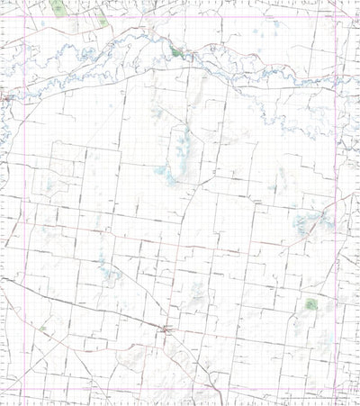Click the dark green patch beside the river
point(176,52)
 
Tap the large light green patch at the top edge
point(58,7)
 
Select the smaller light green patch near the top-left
point(103,20)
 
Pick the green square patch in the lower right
point(312,303)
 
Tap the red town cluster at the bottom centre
point(165,331)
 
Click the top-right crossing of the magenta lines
point(337,16)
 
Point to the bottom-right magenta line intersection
point(337,392)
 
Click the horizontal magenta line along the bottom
point(180,392)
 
